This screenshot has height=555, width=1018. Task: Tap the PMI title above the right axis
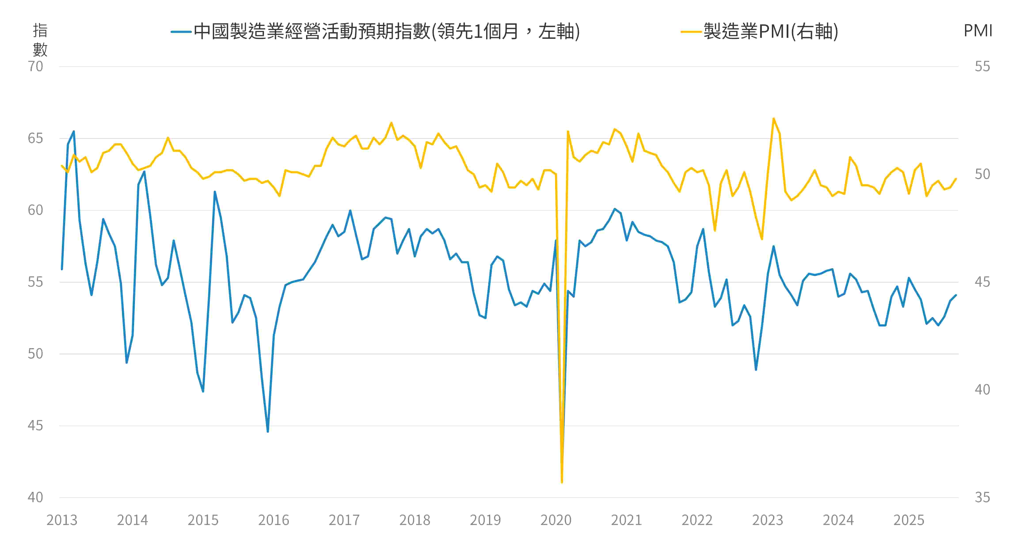coord(978,31)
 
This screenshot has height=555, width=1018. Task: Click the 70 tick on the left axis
coord(35,66)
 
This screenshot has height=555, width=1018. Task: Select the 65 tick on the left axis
coord(35,138)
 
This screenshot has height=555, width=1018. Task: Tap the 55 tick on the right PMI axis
coord(982,66)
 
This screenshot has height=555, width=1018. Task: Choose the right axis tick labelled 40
coord(982,390)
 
